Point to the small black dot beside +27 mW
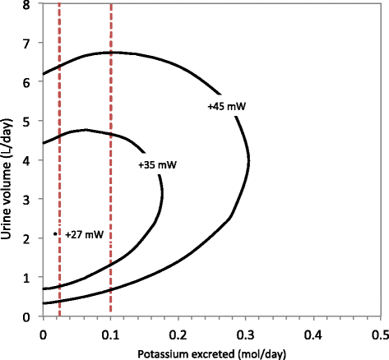[x=55, y=233]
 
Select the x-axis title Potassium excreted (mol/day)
[x=211, y=353]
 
